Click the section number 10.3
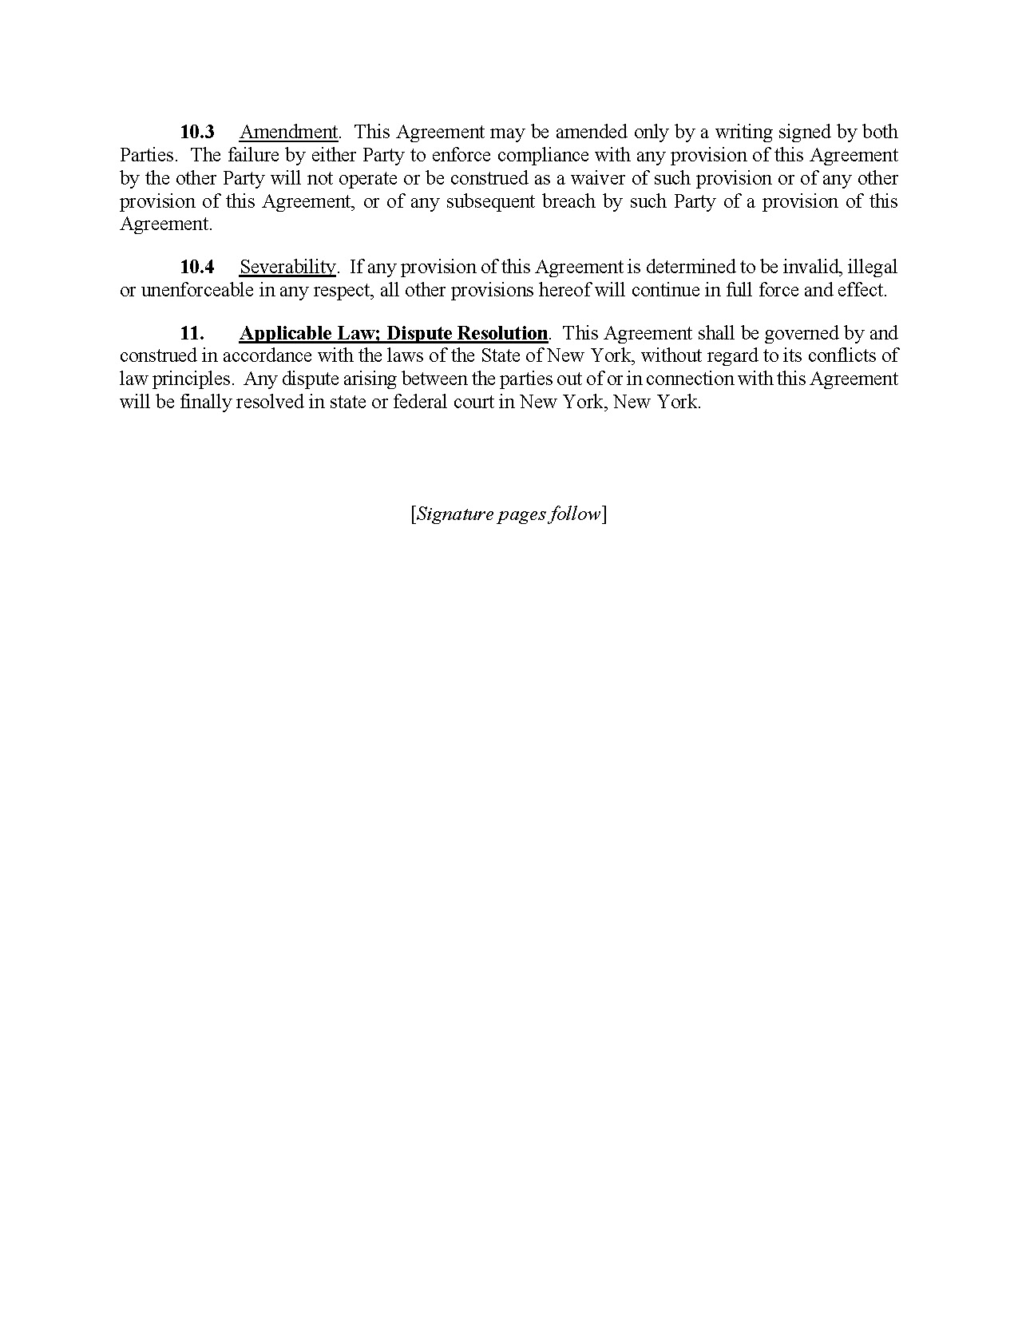(197, 132)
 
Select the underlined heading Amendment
(289, 132)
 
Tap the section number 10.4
(197, 267)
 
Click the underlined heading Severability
(287, 267)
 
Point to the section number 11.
(192, 333)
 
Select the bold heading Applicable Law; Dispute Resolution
(394, 333)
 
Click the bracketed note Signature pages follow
(509, 514)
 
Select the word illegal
(873, 267)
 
